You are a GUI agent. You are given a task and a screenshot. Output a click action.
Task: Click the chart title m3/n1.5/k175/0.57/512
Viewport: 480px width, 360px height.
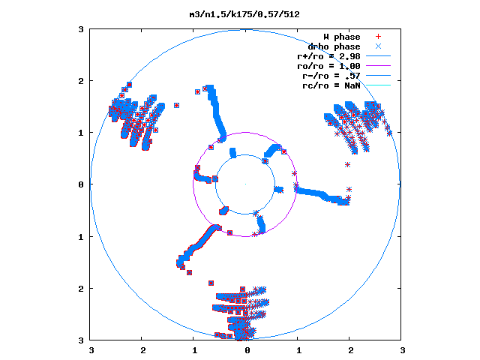pyautogui.click(x=244, y=14)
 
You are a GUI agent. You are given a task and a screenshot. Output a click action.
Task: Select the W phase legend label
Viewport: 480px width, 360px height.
pyautogui.click(x=342, y=37)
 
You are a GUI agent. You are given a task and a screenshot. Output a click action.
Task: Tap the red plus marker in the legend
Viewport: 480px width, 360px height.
pyautogui.click(x=378, y=37)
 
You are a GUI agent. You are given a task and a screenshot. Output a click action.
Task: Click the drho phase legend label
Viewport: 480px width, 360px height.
pyautogui.click(x=334, y=46)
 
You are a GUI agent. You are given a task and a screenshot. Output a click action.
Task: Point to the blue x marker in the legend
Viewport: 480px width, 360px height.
pyautogui.click(x=378, y=46)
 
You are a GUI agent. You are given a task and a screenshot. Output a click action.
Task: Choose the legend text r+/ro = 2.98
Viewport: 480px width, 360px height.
pyautogui.click(x=328, y=57)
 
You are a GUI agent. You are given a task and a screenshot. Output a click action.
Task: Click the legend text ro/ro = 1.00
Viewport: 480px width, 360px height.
pyautogui.click(x=328, y=67)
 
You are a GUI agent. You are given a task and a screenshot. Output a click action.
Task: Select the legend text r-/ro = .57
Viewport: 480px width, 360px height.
pyautogui.click(x=331, y=76)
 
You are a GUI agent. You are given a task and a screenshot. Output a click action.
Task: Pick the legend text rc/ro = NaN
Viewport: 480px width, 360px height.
pyautogui.click(x=331, y=85)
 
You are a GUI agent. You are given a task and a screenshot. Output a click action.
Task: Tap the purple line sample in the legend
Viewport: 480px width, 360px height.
pyautogui.click(x=378, y=66)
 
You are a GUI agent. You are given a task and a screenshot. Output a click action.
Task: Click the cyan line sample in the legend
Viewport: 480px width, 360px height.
pyautogui.click(x=378, y=85)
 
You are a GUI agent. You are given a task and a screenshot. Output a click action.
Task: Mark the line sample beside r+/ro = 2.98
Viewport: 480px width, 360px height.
pyautogui.click(x=378, y=56)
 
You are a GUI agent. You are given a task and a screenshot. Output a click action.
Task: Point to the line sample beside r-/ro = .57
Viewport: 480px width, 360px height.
pyautogui.click(x=378, y=75)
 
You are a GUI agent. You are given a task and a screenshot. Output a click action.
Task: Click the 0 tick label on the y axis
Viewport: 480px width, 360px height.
pyautogui.click(x=81, y=184)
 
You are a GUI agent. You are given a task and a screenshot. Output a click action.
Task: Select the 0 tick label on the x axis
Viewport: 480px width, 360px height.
pyautogui.click(x=247, y=350)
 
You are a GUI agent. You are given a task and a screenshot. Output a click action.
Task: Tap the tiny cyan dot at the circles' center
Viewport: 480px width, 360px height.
pyautogui.click(x=245, y=184)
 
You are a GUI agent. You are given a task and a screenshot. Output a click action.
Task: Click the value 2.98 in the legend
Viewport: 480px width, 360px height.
pyautogui.click(x=349, y=57)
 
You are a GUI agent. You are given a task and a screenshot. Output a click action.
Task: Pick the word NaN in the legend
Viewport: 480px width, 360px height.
pyautogui.click(x=352, y=85)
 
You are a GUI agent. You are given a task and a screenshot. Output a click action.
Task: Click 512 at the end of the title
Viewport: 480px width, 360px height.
pyautogui.click(x=292, y=14)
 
